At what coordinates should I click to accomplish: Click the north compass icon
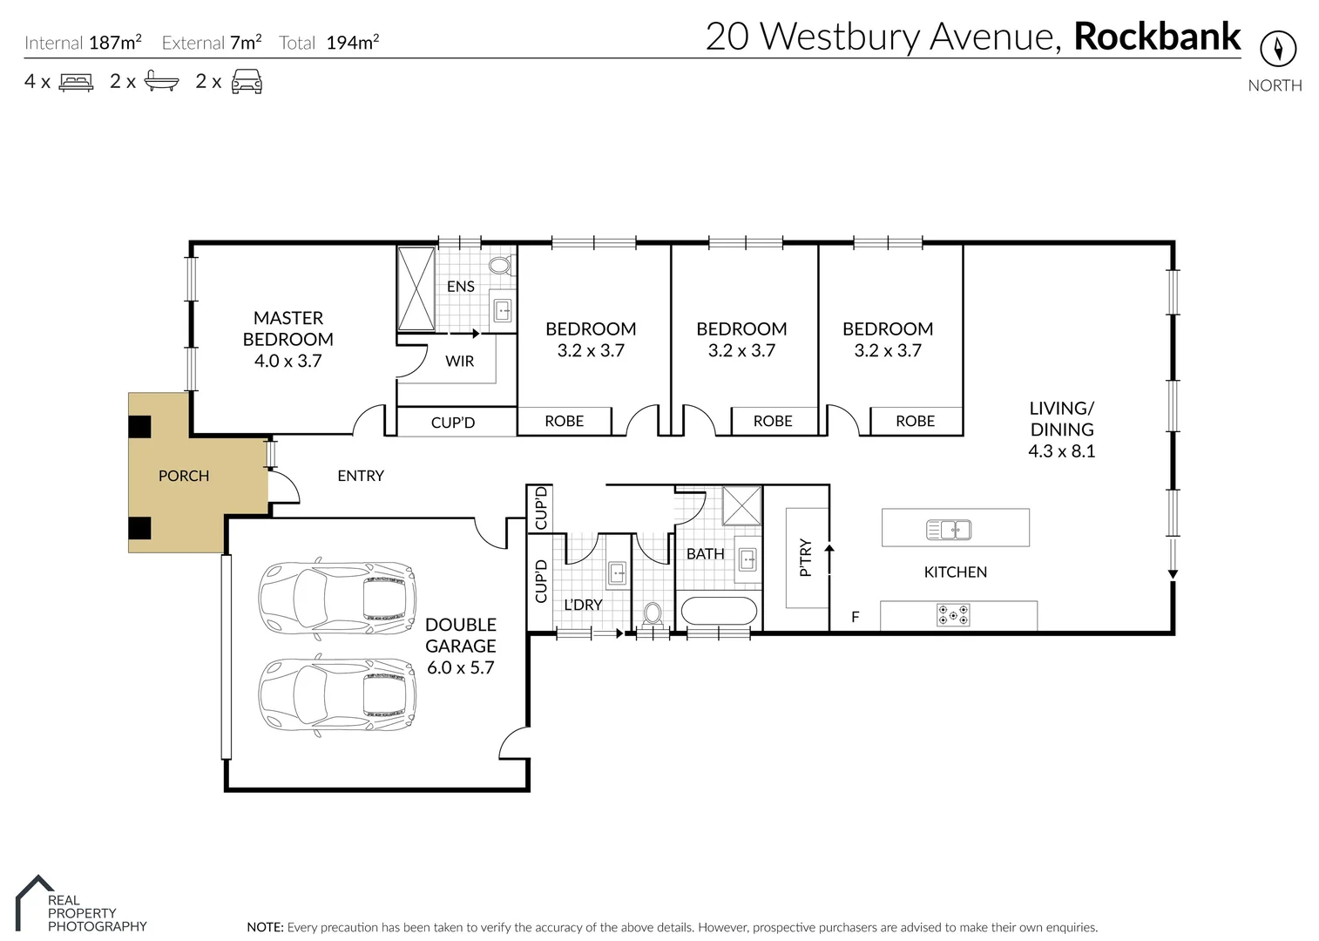[x=1277, y=48]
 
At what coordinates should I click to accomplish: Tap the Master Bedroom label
[x=287, y=339]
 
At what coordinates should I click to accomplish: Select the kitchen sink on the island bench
[x=949, y=529]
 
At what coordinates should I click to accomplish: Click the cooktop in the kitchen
[x=952, y=615]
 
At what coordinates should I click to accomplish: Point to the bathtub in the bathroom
[x=719, y=611]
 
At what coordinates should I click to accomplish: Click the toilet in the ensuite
[x=500, y=265]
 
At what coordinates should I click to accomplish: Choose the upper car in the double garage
[x=337, y=597]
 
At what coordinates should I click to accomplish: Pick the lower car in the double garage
[x=337, y=694]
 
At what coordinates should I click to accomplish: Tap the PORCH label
[x=184, y=476]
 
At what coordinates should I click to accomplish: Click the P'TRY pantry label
[x=806, y=558]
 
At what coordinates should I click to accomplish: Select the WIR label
[x=459, y=361]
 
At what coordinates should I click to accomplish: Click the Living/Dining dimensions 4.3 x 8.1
[x=1061, y=451]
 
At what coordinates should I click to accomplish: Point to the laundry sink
[x=617, y=572]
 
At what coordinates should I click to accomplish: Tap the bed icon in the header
[x=76, y=83]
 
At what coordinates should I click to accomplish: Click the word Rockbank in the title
[x=1156, y=37]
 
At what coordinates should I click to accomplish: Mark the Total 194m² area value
[x=352, y=43]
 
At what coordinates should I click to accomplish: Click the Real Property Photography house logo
[x=33, y=901]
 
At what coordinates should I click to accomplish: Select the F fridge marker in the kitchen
[x=855, y=617]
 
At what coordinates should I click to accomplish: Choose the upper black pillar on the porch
[x=139, y=427]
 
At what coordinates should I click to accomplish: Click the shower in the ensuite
[x=416, y=289]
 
